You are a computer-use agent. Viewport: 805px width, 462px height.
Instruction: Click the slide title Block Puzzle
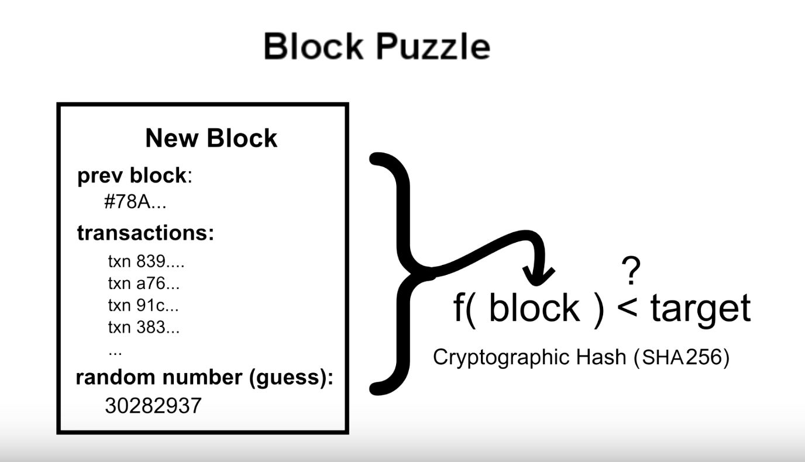click(x=377, y=46)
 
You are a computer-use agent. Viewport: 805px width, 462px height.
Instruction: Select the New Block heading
click(x=211, y=138)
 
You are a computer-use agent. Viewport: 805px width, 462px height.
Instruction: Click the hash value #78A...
click(x=135, y=203)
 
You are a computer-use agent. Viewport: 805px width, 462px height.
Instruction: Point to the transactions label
click(x=146, y=233)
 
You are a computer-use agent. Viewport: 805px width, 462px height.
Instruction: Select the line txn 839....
click(x=146, y=261)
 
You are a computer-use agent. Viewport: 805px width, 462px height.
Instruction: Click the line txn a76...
click(x=144, y=283)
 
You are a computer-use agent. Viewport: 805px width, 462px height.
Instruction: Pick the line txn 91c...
click(x=143, y=305)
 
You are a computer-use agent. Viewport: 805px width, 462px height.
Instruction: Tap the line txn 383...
click(x=144, y=327)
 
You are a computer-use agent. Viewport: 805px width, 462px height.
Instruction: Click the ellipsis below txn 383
click(x=115, y=351)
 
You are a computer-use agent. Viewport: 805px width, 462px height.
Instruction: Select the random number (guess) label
click(x=204, y=378)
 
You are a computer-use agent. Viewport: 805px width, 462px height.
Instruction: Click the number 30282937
click(x=153, y=405)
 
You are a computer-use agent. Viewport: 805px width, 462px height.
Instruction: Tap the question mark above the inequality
click(x=631, y=271)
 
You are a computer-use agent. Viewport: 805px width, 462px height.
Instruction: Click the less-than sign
click(x=627, y=308)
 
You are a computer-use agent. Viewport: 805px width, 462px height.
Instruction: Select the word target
click(x=700, y=308)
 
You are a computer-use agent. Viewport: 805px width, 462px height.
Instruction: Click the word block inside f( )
click(x=534, y=308)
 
